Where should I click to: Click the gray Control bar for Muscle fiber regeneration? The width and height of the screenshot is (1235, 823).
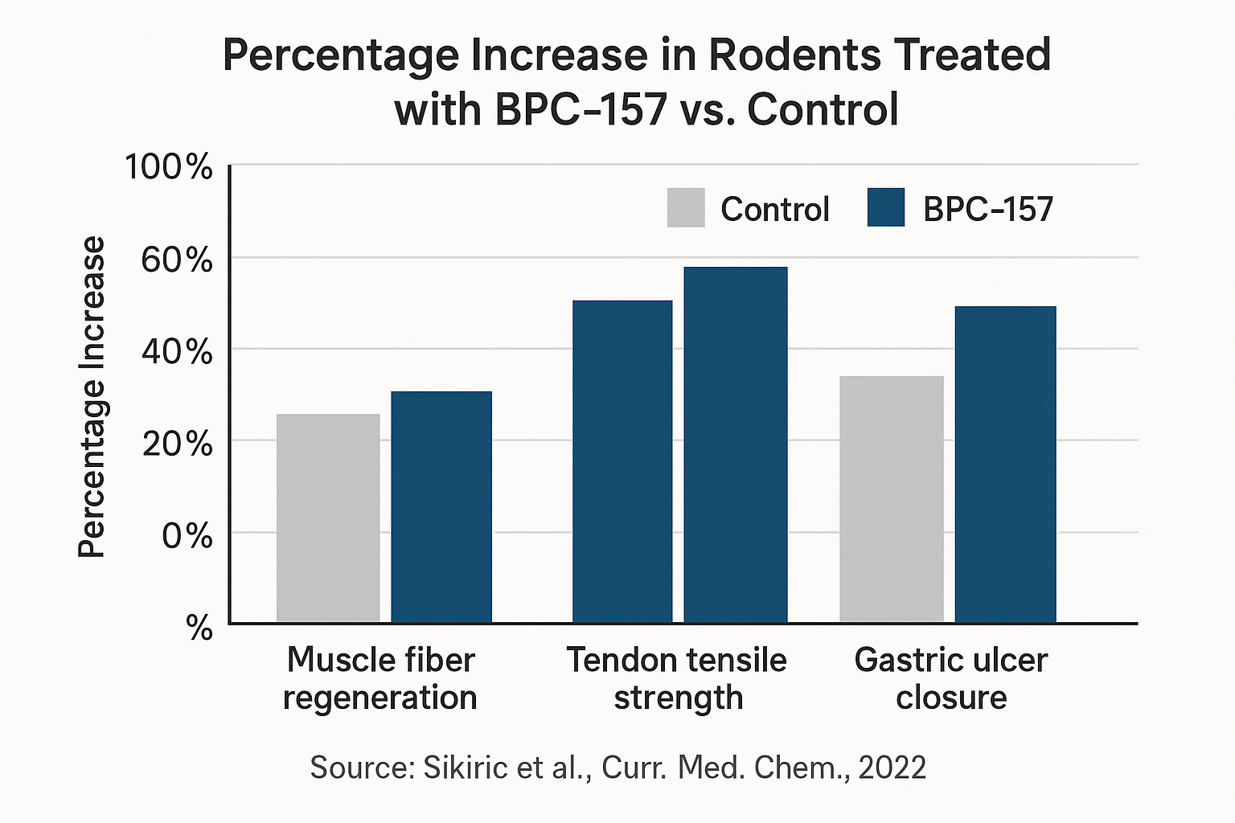328,518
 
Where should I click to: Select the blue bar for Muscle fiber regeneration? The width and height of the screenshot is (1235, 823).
441,507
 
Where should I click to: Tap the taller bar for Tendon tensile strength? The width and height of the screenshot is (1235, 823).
735,444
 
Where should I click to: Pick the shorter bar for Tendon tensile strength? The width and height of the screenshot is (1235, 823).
622,461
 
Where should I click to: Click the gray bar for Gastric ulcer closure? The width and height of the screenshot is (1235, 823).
891,499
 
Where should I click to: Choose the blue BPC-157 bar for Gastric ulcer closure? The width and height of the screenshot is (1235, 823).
1005,465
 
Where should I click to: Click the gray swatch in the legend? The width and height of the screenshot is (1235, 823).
686,207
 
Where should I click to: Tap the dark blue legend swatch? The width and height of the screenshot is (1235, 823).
886,207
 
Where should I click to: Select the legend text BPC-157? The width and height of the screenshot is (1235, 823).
987,209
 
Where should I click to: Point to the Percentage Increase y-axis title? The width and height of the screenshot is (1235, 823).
92,397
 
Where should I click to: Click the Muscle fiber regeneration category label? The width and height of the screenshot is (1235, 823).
380,679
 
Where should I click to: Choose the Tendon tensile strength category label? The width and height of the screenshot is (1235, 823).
677,679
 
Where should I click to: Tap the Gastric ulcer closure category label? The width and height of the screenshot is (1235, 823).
951,679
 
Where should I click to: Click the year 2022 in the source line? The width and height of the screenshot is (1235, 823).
892,768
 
